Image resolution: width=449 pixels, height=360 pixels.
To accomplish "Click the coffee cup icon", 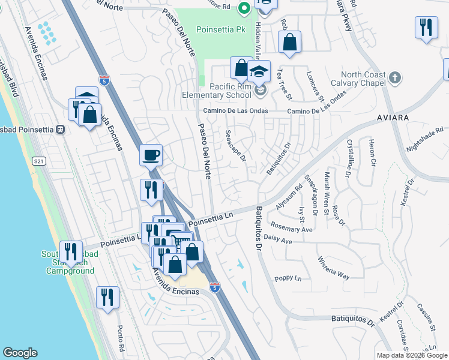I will click(x=151, y=156).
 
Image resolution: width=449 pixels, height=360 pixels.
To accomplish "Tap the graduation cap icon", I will click(x=259, y=72).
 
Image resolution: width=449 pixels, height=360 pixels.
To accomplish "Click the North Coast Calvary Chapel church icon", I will click(x=394, y=77).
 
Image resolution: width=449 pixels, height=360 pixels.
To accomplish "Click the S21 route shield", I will click(x=40, y=161).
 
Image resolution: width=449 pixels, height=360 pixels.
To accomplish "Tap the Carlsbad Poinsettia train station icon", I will click(x=60, y=130).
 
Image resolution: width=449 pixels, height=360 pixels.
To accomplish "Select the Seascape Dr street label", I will click(x=235, y=146).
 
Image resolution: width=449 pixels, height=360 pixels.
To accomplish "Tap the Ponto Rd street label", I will click(x=121, y=338).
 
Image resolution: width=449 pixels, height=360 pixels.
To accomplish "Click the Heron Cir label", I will click(x=373, y=154).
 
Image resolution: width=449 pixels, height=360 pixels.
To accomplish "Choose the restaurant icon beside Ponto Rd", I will click(x=107, y=297).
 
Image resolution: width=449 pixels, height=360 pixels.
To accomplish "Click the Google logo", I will click(x=20, y=353).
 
